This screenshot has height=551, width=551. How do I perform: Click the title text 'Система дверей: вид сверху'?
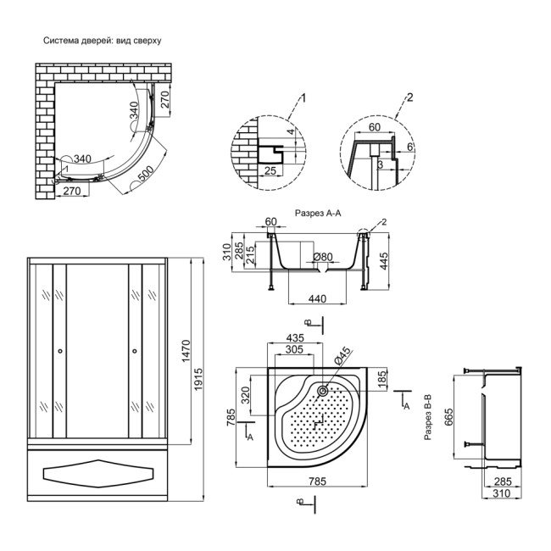point(102,40)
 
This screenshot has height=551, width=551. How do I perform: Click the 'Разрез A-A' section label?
point(317,214)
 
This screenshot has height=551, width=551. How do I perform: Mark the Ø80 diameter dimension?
point(323,257)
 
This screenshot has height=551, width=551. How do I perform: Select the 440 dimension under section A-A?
point(318,298)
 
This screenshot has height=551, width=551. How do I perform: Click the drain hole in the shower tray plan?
point(324,391)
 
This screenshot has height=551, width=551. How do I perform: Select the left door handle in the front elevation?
point(60,351)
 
